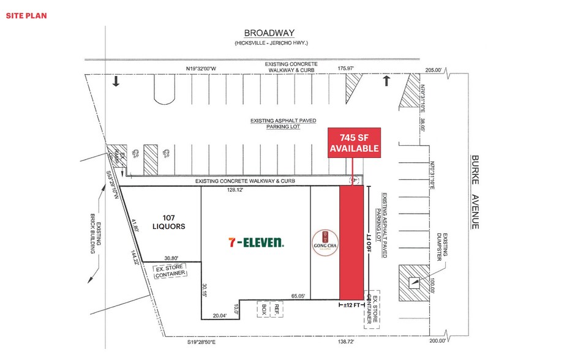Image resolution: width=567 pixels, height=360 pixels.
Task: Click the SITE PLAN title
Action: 26,15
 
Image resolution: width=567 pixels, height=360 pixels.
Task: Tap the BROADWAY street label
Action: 269,33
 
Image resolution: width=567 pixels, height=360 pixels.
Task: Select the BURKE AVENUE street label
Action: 475,192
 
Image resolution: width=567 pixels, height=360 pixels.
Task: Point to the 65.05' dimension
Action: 298,296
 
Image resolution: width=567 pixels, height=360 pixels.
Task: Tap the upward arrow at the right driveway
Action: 386,81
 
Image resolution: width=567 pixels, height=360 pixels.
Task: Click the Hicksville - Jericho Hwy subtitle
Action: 269,43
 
